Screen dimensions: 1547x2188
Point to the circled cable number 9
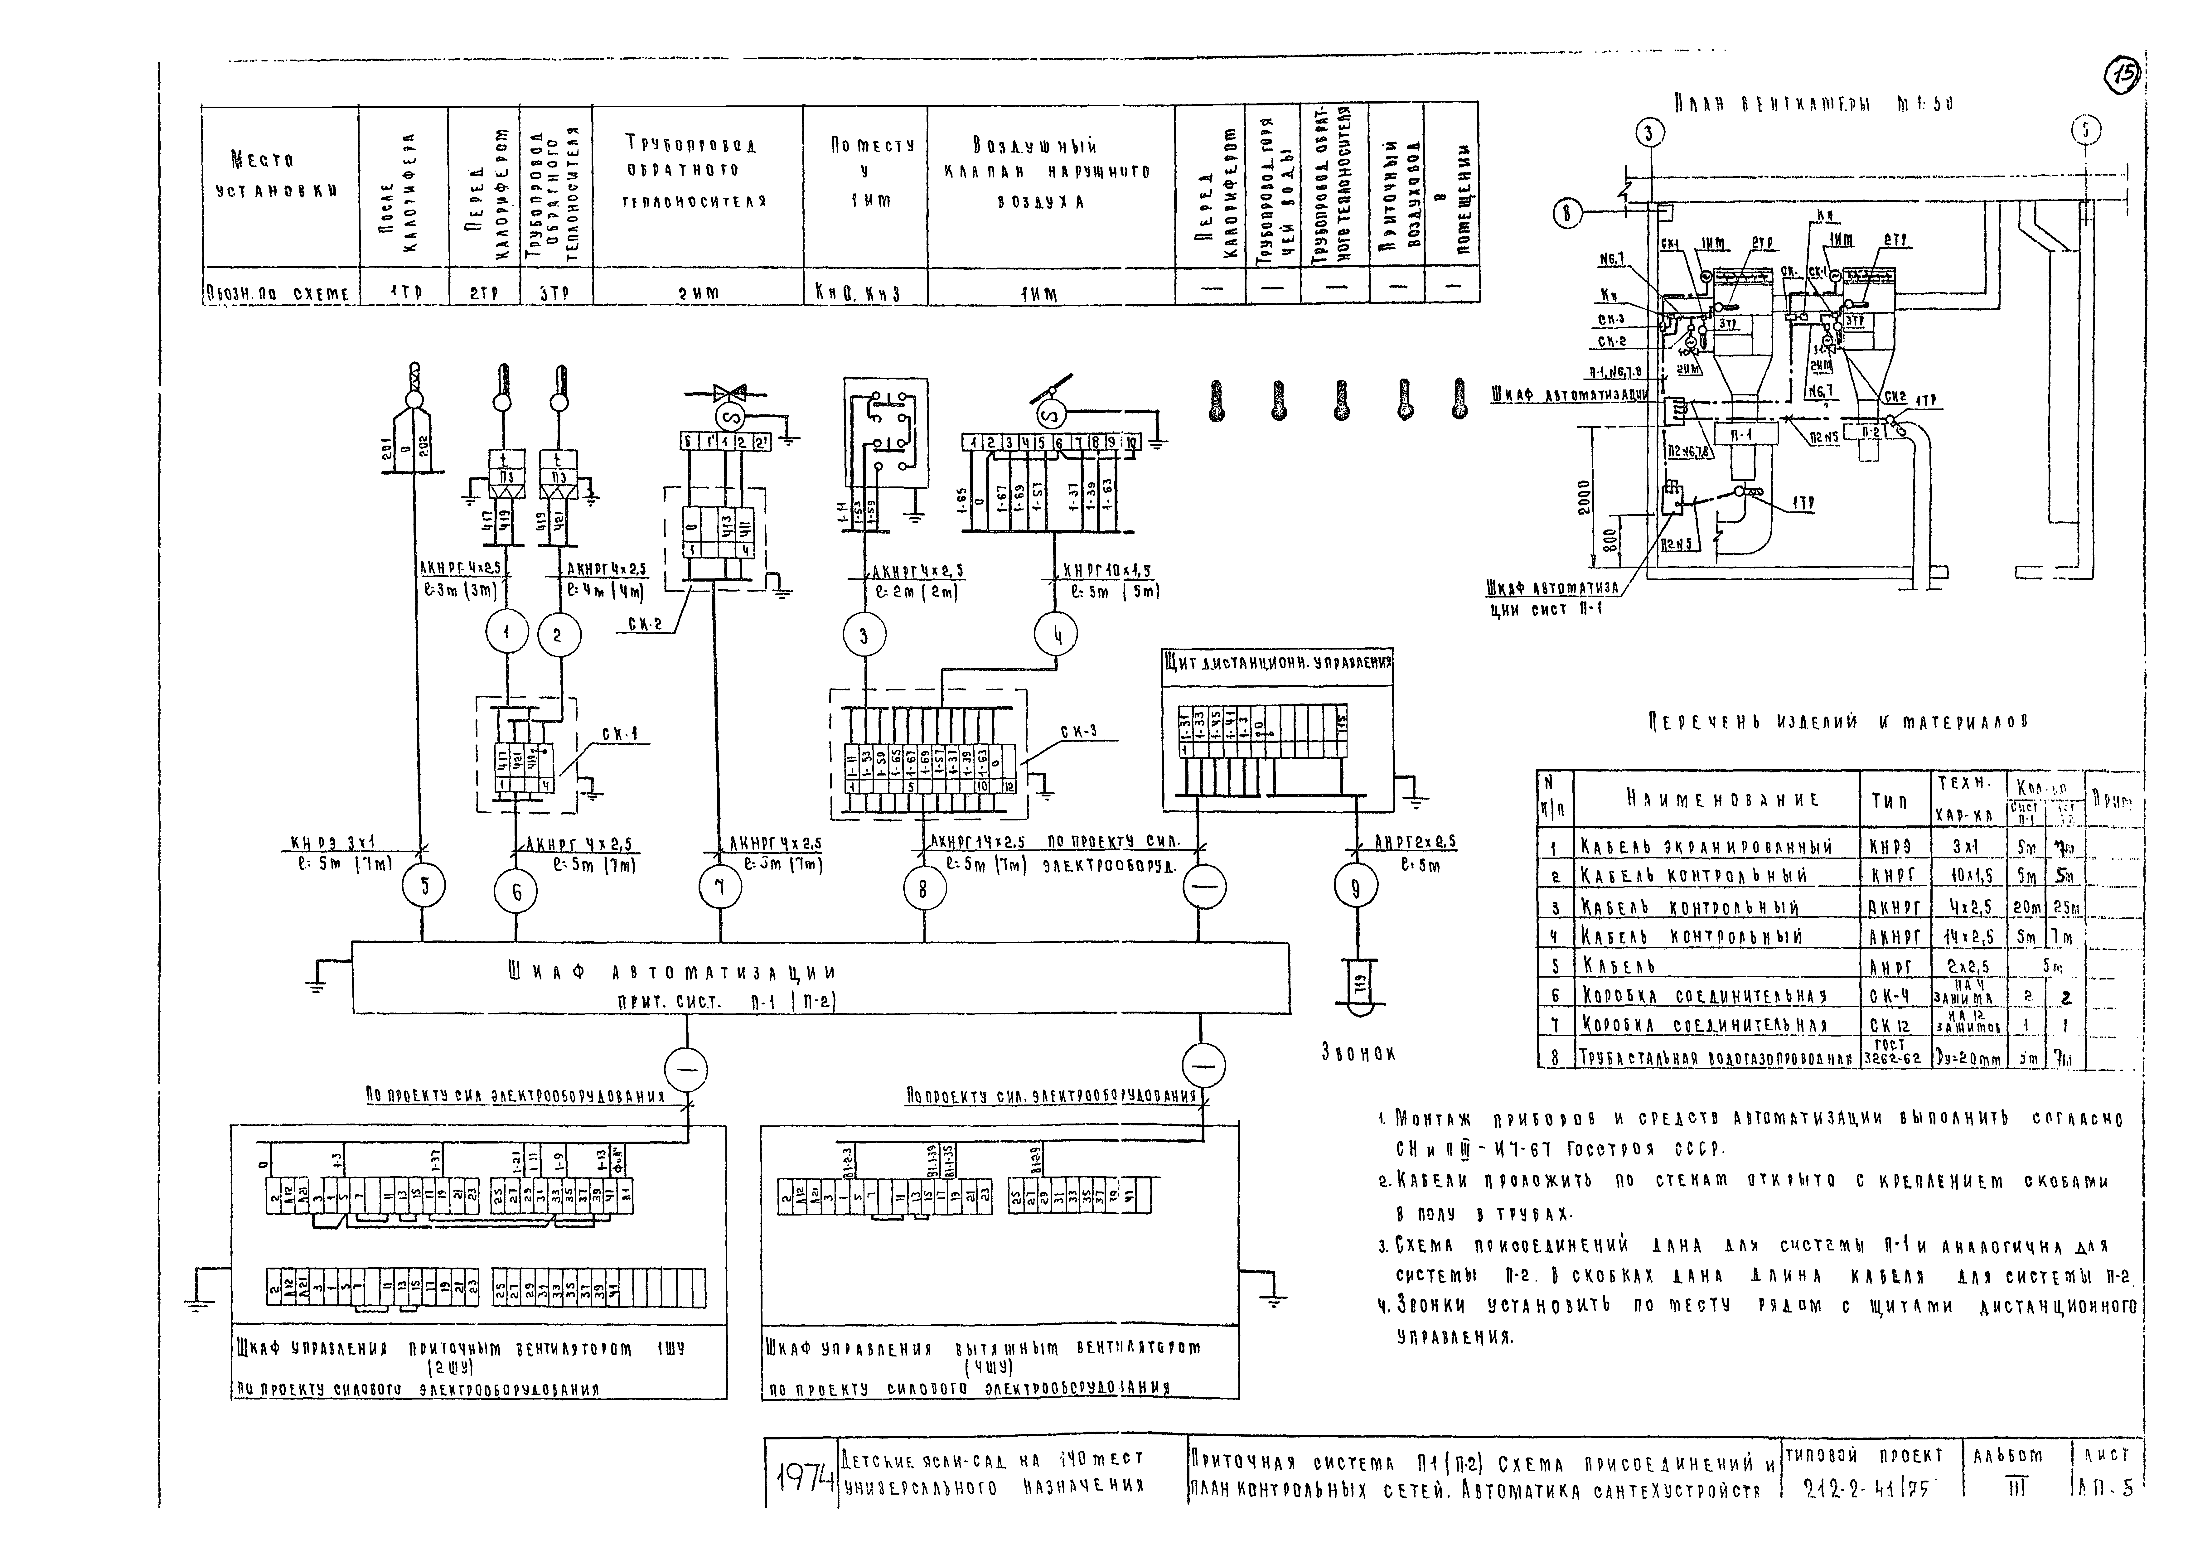[1355, 888]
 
